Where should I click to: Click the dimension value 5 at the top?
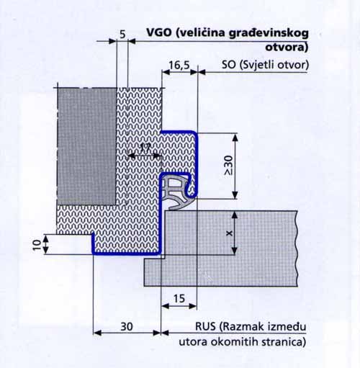(122, 35)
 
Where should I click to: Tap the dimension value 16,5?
(179, 65)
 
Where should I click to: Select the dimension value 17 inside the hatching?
(145, 148)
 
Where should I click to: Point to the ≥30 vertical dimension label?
(228, 165)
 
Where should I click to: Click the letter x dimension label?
(230, 233)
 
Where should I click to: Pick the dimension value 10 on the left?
(37, 245)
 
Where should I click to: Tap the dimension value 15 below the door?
(179, 299)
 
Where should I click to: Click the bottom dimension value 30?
(127, 326)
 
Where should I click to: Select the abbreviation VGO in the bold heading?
(159, 32)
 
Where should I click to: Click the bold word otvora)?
(287, 47)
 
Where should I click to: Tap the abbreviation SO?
(228, 65)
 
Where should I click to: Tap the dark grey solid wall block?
(87, 146)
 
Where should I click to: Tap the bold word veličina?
(200, 33)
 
